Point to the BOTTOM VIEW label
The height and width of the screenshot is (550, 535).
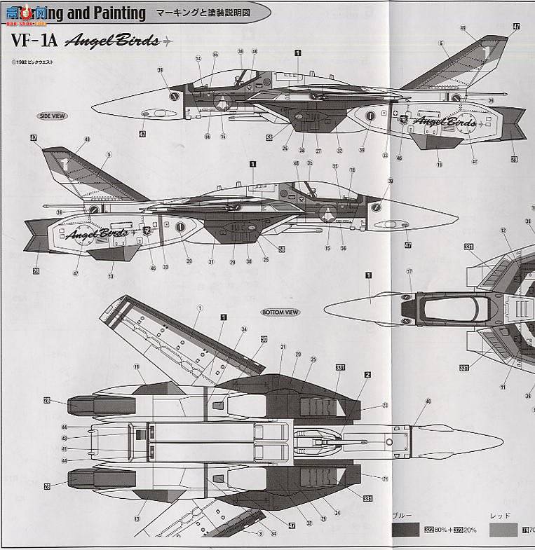(280, 312)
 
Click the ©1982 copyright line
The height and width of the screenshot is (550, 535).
(35, 62)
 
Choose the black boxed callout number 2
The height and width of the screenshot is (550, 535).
(367, 376)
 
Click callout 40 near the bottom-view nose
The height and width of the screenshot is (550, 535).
(428, 401)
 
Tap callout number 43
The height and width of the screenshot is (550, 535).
(64, 438)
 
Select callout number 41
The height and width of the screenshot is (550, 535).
(64, 449)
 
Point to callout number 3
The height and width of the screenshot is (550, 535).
(259, 534)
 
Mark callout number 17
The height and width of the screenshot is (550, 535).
(409, 271)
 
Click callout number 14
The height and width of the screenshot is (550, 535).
(198, 59)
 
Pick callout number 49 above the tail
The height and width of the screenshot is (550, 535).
(463, 27)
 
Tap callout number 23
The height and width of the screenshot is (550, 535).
(384, 406)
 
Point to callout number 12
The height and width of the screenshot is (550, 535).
(503, 230)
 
